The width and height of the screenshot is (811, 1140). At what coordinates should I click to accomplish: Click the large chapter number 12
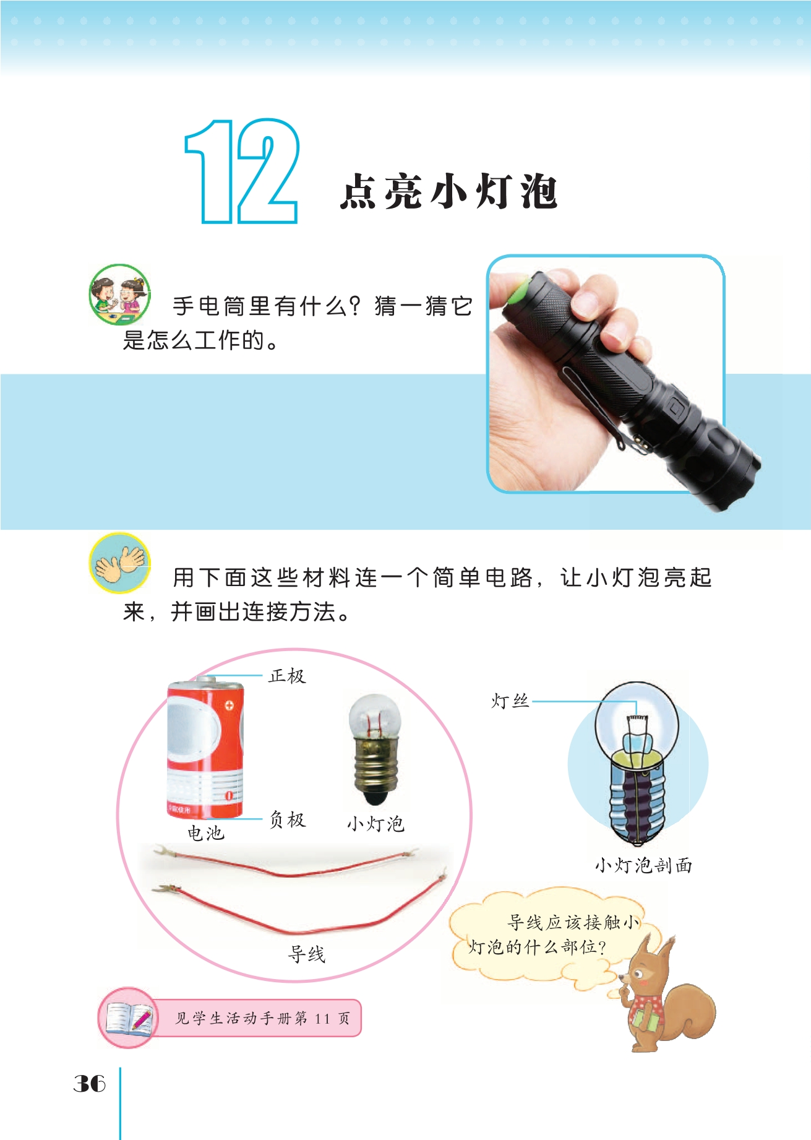coord(242,171)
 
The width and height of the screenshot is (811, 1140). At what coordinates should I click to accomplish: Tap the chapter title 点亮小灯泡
coord(449,191)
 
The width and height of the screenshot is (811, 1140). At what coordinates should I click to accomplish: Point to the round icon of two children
coord(120,295)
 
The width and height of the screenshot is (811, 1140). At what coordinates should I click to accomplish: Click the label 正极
coord(287,676)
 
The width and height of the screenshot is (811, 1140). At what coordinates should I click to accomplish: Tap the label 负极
coord(287,819)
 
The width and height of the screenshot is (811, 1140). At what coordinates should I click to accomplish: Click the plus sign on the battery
coord(229,705)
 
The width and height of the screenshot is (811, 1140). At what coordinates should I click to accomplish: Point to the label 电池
coord(206,833)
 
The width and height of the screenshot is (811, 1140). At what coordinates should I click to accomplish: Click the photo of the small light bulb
coord(375,749)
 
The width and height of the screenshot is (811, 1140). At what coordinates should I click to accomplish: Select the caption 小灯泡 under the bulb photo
coord(375,824)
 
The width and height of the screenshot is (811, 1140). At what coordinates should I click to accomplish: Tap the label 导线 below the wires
coord(307,954)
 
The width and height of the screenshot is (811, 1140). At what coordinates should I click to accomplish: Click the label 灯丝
coord(510,701)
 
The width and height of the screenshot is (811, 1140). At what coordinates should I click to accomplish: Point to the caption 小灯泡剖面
coord(643,865)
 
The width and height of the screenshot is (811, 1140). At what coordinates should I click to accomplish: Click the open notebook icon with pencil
coord(129,1018)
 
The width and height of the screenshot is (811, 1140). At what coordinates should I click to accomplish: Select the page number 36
coord(90,1083)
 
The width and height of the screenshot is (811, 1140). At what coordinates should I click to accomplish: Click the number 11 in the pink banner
coord(322,1018)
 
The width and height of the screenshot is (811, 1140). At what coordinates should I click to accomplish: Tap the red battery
coord(205,747)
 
